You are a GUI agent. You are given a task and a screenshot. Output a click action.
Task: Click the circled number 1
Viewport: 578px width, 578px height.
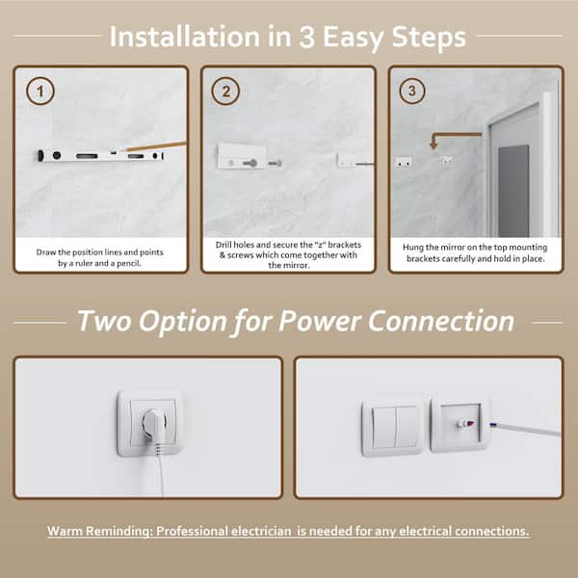[40, 92]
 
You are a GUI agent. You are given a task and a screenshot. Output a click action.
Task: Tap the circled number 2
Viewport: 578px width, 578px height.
[225, 92]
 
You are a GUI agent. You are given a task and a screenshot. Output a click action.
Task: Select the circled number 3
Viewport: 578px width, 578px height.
[412, 91]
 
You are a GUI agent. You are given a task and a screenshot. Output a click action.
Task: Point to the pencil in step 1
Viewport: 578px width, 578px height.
[155, 146]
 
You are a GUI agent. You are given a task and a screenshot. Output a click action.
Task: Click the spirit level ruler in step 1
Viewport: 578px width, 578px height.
[100, 156]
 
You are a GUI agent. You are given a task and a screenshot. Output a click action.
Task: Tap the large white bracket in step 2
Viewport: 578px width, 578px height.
[242, 156]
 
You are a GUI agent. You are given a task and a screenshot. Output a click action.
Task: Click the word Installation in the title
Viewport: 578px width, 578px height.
[185, 37]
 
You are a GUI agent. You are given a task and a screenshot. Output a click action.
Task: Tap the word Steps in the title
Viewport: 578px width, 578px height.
[429, 38]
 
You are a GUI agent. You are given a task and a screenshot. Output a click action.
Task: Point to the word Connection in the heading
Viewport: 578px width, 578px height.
[441, 321]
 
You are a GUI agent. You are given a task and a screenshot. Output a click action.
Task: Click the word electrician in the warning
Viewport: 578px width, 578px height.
[261, 531]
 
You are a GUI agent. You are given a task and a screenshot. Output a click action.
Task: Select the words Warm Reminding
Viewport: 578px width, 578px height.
[99, 531]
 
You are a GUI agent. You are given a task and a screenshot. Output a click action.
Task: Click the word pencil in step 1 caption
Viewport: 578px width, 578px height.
[129, 264]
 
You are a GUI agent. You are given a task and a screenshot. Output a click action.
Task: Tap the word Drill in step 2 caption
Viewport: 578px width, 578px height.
[223, 245]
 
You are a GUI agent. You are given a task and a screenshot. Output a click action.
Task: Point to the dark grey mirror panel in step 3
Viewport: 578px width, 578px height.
[513, 191]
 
